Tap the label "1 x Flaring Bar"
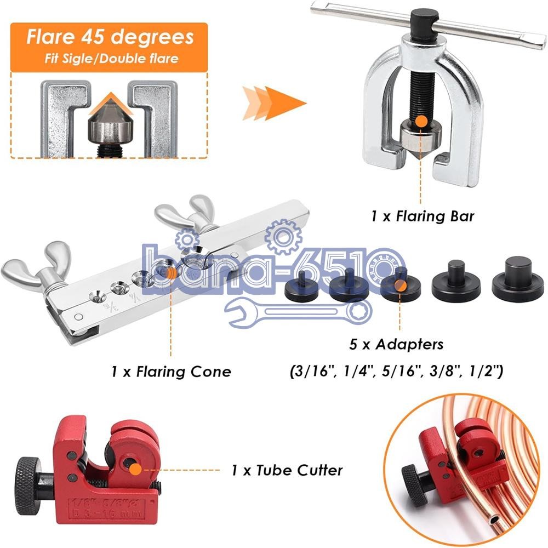click(422, 216)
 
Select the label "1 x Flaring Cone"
click(171, 372)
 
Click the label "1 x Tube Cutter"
click(287, 470)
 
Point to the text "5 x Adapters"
click(396, 345)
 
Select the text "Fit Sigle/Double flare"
click(111, 58)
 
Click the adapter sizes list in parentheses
click(396, 372)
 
